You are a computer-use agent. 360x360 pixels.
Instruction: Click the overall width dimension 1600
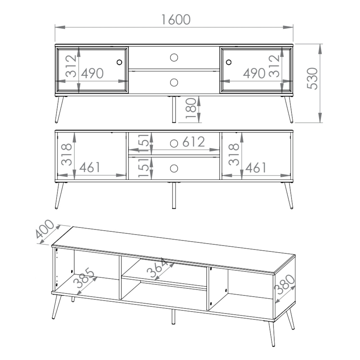(176, 19)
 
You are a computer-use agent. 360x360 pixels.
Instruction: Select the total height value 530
(312, 79)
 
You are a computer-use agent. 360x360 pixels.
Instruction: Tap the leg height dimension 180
(191, 108)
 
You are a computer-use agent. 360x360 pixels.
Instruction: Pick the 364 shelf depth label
(157, 269)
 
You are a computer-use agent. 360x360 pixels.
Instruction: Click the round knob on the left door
(119, 62)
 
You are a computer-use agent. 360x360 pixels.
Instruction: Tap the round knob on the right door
(228, 62)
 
